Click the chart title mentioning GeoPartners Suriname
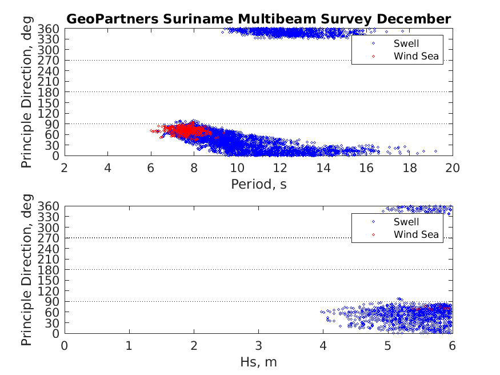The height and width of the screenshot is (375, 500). tap(258, 19)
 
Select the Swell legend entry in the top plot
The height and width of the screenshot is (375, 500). tap(406, 43)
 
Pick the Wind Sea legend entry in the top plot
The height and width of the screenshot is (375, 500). tap(416, 56)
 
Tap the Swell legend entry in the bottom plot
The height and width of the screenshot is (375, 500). tap(406, 222)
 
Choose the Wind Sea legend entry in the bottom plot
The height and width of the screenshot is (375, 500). tap(416, 234)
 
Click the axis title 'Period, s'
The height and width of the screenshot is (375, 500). tap(258, 184)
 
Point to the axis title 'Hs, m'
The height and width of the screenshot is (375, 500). tap(258, 362)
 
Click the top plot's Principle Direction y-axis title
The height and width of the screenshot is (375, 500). tap(27, 91)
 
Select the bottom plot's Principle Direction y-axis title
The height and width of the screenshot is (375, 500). tap(27, 269)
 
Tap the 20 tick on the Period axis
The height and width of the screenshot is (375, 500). tap(453, 167)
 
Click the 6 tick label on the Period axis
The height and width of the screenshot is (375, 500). tap(151, 167)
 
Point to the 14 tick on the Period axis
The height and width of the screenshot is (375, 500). tap(323, 167)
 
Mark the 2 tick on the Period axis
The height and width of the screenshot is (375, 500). tap(65, 167)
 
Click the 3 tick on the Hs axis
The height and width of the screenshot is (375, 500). tap(259, 345)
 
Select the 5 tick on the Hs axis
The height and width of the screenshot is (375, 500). tap(388, 345)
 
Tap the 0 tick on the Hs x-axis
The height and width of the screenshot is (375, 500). tap(65, 345)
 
